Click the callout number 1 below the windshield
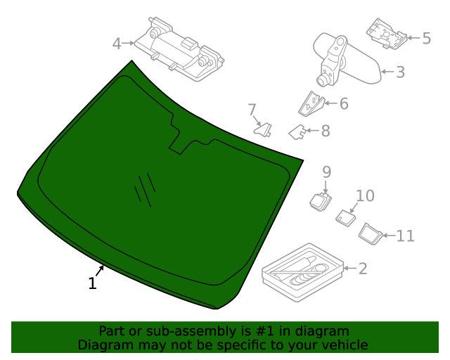coord(92,283)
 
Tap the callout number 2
coord(363,268)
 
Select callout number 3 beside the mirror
coord(400,72)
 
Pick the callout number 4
coord(117,44)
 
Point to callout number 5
coord(426,38)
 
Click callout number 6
coord(344,104)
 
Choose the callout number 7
coord(252,110)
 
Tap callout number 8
coord(326,131)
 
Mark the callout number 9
coord(326,172)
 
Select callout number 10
coord(365,196)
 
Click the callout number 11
coord(406,236)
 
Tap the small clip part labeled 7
coord(264,129)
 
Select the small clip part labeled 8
coord(298,131)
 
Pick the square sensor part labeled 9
coord(321,201)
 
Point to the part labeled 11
coord(370,233)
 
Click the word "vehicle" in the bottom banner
coord(344,345)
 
